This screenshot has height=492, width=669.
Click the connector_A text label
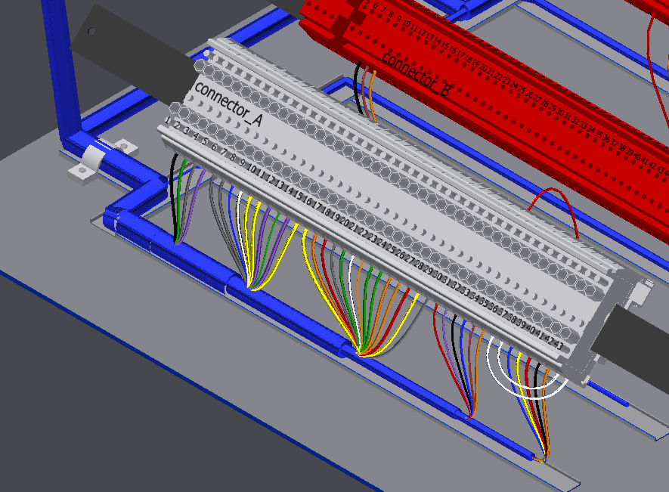[228, 103]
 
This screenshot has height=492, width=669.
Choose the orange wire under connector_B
[373, 94]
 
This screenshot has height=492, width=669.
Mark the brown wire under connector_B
[365, 87]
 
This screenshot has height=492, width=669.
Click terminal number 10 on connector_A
[252, 169]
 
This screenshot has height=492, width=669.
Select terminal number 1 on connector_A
[168, 119]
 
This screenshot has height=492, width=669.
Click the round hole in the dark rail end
[91, 32]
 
